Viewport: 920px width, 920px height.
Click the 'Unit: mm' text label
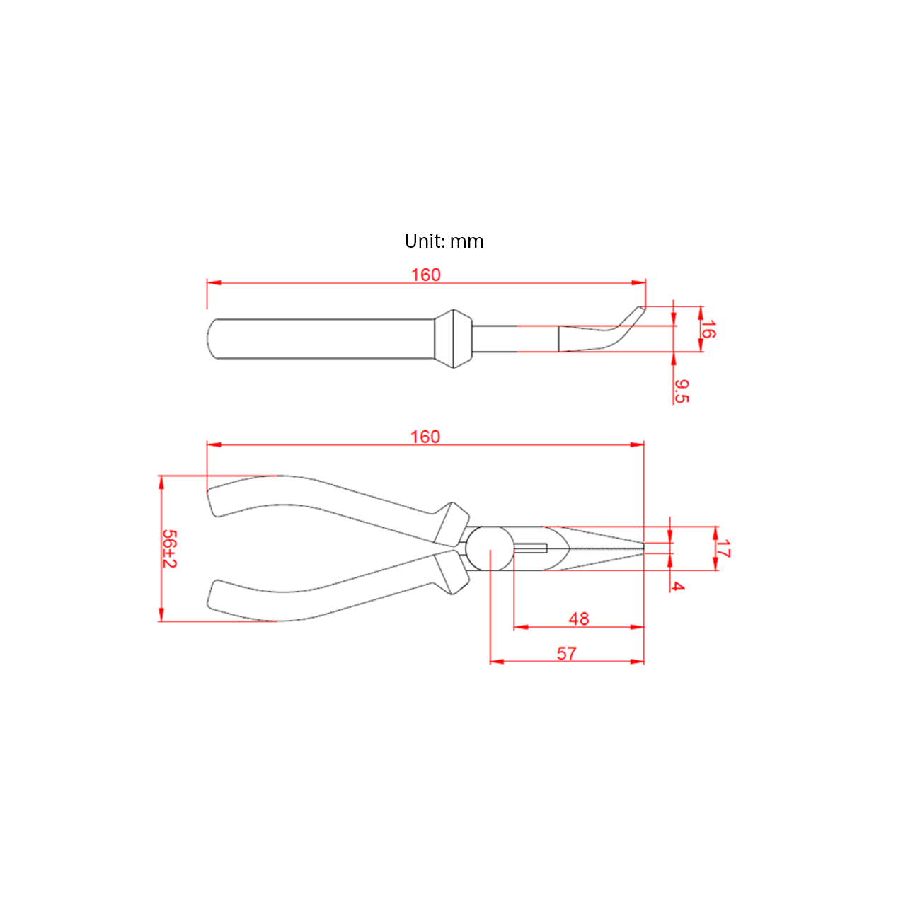(444, 241)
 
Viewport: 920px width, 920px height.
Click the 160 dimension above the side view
(425, 275)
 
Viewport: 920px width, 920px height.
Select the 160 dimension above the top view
(425, 437)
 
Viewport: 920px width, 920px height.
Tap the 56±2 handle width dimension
(169, 548)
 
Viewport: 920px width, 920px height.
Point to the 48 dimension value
(579, 619)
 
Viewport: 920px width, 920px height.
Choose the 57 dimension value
(566, 654)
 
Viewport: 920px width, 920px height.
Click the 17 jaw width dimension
(723, 548)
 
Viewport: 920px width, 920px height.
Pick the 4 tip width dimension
(677, 586)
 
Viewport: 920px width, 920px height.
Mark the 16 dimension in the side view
(708, 329)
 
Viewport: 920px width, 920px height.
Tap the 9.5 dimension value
(682, 391)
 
